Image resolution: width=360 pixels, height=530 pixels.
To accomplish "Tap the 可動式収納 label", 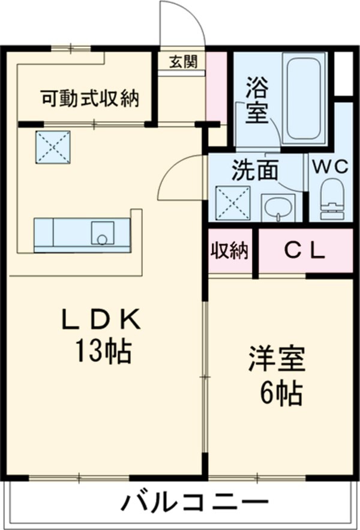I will (x=90, y=98).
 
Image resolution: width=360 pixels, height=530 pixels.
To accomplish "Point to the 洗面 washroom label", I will (x=256, y=172).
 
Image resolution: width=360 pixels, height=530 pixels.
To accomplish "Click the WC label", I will (x=329, y=168).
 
